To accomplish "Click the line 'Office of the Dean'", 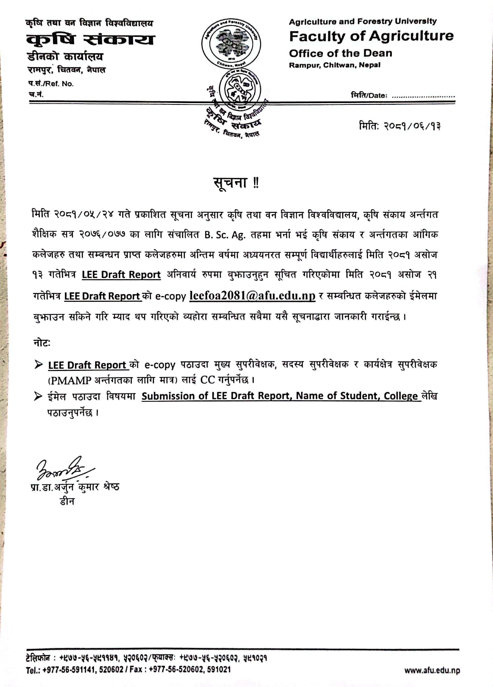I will click(340, 53).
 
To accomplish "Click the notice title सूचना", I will click(230, 183).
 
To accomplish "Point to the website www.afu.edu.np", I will click(432, 670).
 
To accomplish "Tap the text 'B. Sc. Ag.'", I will click(224, 235).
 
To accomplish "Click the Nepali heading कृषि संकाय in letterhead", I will click(90, 39).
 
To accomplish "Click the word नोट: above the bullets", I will click(42, 343).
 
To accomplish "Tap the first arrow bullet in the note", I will click(39, 364).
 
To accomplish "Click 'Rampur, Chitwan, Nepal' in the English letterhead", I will click(334, 65).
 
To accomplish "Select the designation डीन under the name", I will click(67, 502).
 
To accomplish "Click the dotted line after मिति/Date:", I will click(423, 96).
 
